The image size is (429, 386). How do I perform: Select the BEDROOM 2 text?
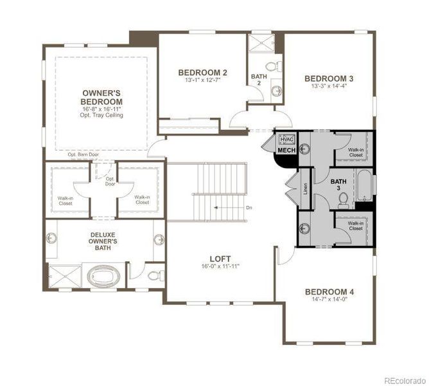coord(202,73)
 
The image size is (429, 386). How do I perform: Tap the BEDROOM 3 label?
coord(328,78)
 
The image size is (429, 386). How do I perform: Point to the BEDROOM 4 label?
coord(329,291)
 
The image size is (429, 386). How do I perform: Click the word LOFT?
coord(221,257)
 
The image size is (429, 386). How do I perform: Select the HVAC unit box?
coord(286,139)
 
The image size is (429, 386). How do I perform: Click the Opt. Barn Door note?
coord(83,155)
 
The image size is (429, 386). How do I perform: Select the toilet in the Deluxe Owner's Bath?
coord(154,275)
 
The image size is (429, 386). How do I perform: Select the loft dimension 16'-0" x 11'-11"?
coord(221,265)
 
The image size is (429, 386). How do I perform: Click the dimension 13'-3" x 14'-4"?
coord(328,86)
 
